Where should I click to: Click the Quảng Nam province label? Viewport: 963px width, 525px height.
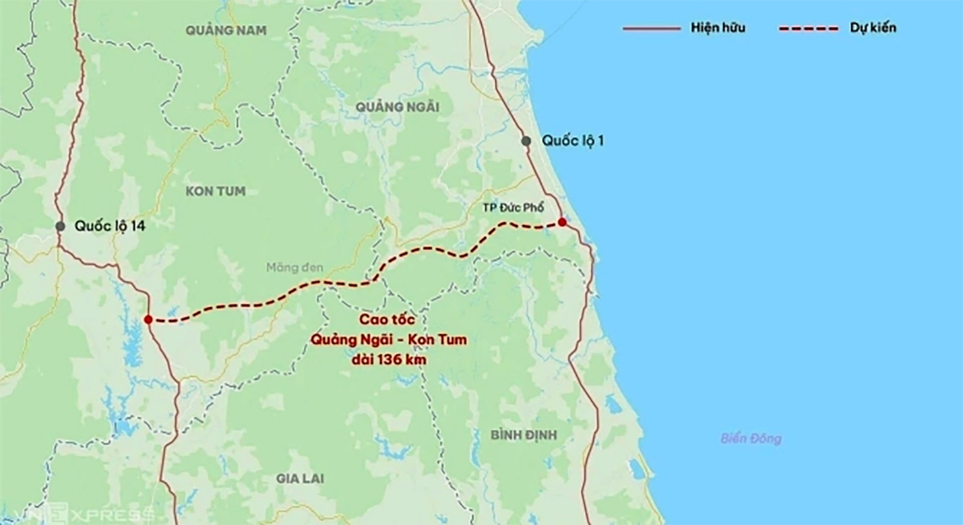click(226, 30)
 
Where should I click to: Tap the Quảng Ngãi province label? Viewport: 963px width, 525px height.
click(398, 107)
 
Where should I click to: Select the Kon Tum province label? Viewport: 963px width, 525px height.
click(216, 191)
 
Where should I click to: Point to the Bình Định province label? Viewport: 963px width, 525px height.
click(524, 435)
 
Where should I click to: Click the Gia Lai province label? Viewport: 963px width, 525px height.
click(300, 478)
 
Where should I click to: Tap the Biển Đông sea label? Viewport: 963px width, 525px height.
click(751, 439)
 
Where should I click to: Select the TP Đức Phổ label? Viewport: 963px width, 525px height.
click(513, 207)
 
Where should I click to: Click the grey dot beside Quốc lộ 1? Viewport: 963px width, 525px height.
click(526, 141)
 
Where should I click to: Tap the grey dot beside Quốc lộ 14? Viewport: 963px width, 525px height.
click(60, 226)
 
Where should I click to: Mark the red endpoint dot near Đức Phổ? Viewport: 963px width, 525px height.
click(562, 222)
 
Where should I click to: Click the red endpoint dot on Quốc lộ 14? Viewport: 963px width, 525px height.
click(148, 319)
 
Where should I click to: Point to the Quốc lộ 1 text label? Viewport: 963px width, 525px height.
click(573, 142)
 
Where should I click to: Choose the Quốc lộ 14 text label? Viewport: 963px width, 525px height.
click(110, 226)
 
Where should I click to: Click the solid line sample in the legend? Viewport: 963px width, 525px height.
click(651, 29)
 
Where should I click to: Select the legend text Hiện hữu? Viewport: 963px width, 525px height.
click(718, 29)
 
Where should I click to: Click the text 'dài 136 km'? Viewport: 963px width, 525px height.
click(389, 360)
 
